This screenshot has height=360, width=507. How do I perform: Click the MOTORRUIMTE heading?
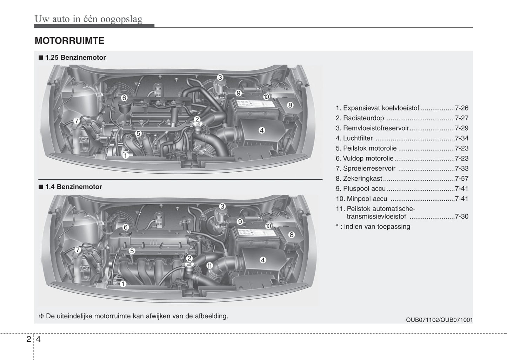pos(69,41)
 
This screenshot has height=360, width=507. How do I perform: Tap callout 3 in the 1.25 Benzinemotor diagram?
pos(220,78)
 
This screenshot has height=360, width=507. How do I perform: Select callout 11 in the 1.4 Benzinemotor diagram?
pos(209,265)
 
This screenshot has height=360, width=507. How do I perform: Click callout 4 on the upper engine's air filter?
pos(262,131)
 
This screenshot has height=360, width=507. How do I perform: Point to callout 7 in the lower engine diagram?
pos(78,250)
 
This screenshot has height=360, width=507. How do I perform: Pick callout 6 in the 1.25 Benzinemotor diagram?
pos(124,98)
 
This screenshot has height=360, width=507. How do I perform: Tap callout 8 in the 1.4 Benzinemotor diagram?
pos(292,234)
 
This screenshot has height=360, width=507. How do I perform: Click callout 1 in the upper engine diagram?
pos(125,155)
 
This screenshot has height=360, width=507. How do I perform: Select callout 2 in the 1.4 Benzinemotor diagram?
pos(189,259)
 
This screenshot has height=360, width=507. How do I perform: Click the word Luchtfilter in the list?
pos(358,138)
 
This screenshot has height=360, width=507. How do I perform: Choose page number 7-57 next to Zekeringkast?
pos(461,179)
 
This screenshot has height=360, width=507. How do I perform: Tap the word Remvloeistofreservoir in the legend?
pos(376,128)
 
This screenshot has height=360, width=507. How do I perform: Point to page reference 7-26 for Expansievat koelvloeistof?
pos(461,108)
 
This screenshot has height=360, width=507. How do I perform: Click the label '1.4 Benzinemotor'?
pos(73,187)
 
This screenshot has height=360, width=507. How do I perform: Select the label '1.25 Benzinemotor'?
pos(75,58)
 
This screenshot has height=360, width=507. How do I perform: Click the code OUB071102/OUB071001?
pos(439,320)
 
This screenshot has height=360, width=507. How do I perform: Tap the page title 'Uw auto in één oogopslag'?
pos(88,19)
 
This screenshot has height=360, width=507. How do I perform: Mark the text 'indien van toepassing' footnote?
pos(377,227)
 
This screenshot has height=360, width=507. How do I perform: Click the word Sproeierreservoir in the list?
pos(369,168)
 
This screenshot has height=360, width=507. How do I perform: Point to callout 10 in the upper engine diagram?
pos(266,97)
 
